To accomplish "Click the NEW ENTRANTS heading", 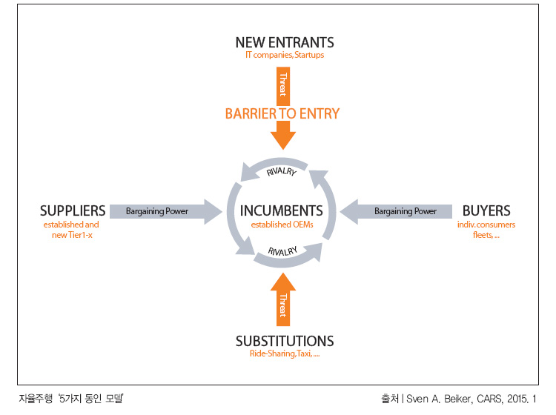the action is click(285, 42).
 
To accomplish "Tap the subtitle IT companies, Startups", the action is click(285, 55).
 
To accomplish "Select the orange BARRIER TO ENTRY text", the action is click(282, 114).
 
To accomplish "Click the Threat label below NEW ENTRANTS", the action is click(283, 84).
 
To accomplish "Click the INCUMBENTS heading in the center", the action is click(282, 211).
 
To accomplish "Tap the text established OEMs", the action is click(282, 225).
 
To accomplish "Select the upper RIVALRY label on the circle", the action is click(282, 171).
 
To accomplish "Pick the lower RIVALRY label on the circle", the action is click(282, 251).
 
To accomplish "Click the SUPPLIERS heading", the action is click(73, 211).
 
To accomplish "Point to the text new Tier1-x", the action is click(72, 235).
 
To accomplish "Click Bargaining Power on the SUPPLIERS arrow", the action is click(156, 211).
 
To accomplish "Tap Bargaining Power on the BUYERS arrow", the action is click(406, 211).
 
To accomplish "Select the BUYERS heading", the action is click(486, 211).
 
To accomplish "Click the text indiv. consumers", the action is click(486, 225).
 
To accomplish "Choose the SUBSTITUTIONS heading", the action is click(285, 342).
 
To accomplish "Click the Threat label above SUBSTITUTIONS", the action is click(283, 305).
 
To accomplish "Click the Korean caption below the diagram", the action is click(71, 399).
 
